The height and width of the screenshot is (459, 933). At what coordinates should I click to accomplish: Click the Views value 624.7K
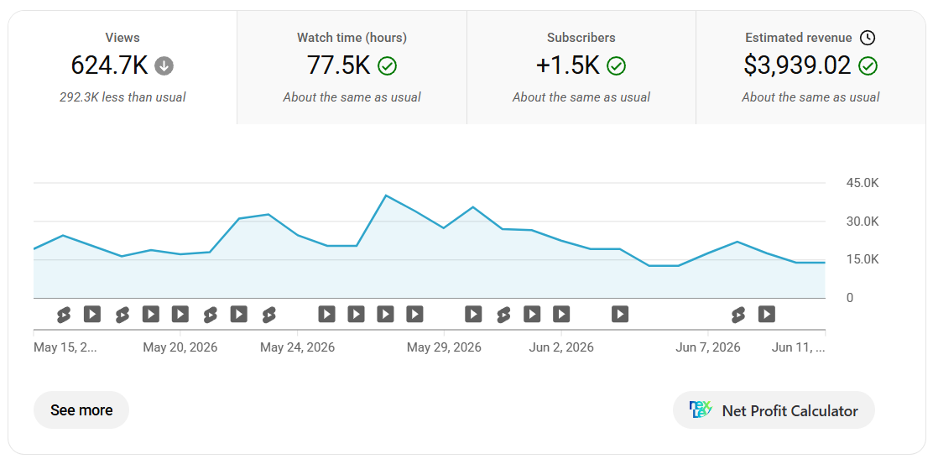tap(109, 65)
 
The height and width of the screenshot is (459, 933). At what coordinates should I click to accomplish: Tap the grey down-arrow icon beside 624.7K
tap(164, 66)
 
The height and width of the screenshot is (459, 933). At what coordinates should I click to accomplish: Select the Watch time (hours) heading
tap(352, 38)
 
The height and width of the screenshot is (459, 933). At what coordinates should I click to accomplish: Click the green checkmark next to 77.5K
tap(388, 66)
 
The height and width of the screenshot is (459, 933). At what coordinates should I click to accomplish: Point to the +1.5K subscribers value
tap(568, 65)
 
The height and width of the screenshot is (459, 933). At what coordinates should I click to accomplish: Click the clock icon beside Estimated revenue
tap(868, 38)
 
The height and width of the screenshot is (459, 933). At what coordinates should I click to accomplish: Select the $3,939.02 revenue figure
tap(797, 65)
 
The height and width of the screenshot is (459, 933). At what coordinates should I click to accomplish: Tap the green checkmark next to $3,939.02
tap(868, 66)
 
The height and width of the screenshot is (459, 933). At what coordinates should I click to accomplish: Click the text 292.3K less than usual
tap(122, 97)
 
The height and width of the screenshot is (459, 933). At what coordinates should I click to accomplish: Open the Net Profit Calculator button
tap(774, 410)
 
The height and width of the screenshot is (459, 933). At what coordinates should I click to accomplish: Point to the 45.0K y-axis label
tap(863, 183)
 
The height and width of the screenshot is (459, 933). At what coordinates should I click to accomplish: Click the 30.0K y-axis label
tap(863, 222)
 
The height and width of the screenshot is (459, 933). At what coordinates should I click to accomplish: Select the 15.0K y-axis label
tap(863, 259)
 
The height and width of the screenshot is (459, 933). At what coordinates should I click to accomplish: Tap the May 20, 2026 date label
tap(180, 347)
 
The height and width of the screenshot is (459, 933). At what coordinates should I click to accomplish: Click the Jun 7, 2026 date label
tap(708, 347)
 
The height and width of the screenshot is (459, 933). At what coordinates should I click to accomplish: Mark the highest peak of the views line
tap(386, 196)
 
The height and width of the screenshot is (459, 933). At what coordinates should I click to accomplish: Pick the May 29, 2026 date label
tap(444, 347)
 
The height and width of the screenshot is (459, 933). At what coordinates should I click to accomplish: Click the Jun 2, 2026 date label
tap(561, 347)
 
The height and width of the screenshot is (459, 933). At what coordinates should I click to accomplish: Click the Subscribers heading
tap(581, 38)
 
